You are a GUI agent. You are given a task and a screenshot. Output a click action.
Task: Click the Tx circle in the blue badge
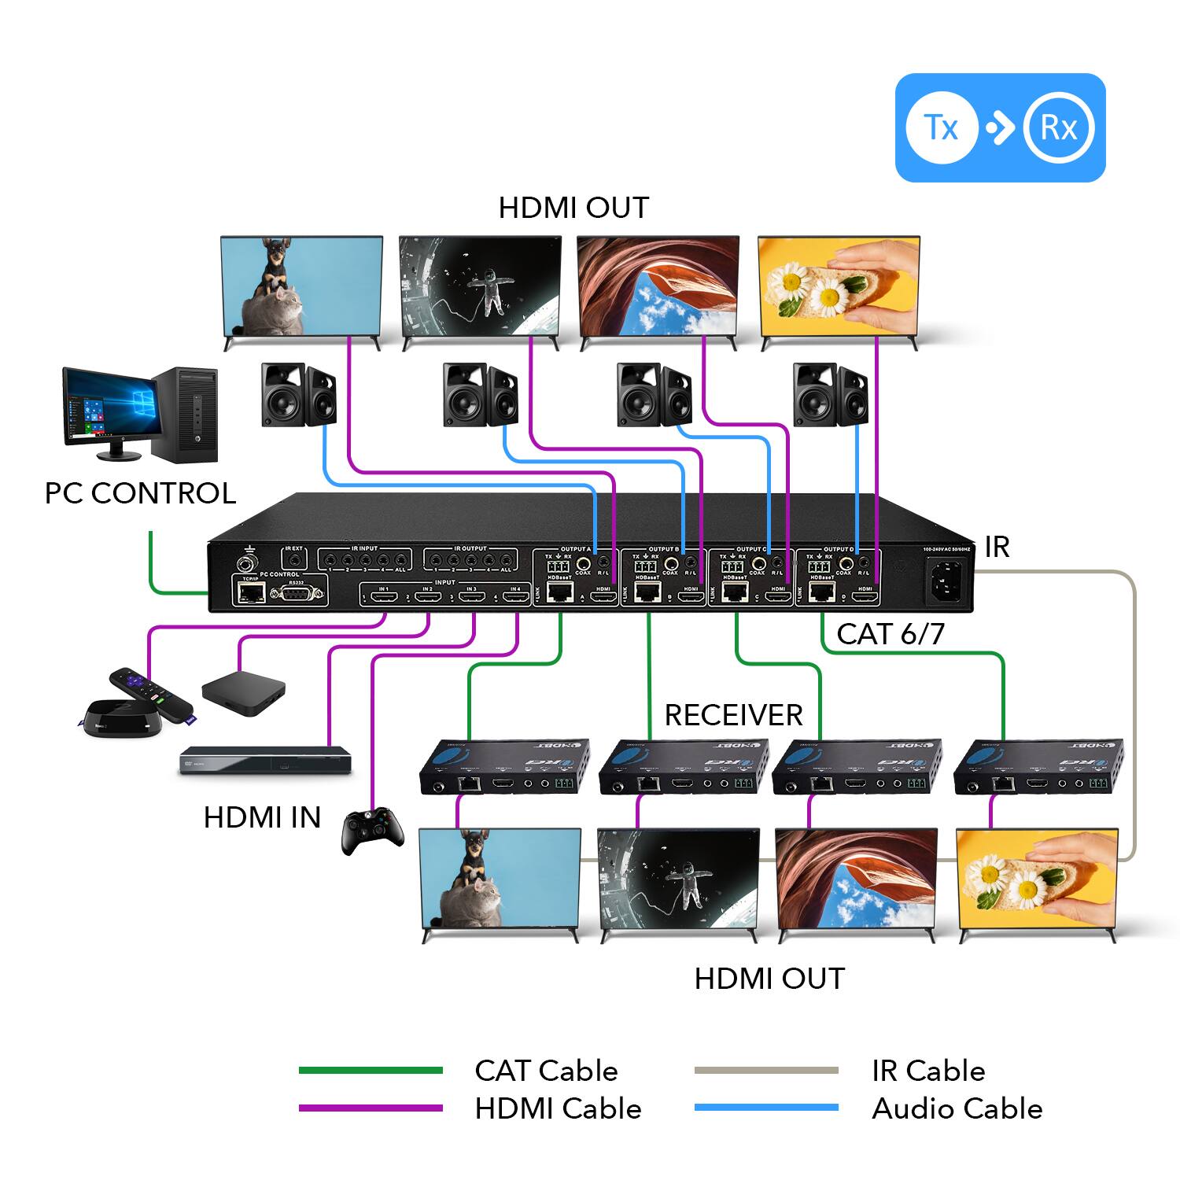941,127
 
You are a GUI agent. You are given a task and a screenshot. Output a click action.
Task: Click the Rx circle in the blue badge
1059,127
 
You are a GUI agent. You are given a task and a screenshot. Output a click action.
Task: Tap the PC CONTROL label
140,493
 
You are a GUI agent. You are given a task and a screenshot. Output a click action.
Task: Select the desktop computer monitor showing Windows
108,407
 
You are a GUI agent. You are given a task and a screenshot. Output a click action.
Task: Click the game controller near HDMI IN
372,831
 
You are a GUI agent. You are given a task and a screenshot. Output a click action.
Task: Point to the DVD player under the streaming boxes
264,761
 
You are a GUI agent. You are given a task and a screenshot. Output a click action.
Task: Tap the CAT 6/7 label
890,634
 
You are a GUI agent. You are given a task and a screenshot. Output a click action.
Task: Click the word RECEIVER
733,715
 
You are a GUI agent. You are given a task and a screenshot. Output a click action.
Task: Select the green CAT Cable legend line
371,1071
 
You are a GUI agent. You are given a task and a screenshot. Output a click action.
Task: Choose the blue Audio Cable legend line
766,1108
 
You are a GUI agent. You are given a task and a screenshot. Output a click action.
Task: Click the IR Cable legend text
927,1071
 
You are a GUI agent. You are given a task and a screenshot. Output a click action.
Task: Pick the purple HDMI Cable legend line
371,1108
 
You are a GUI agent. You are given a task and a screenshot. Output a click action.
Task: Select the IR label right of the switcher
997,547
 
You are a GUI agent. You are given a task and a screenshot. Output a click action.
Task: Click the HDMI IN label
262,817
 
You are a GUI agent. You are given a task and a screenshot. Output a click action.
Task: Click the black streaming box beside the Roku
243,693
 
